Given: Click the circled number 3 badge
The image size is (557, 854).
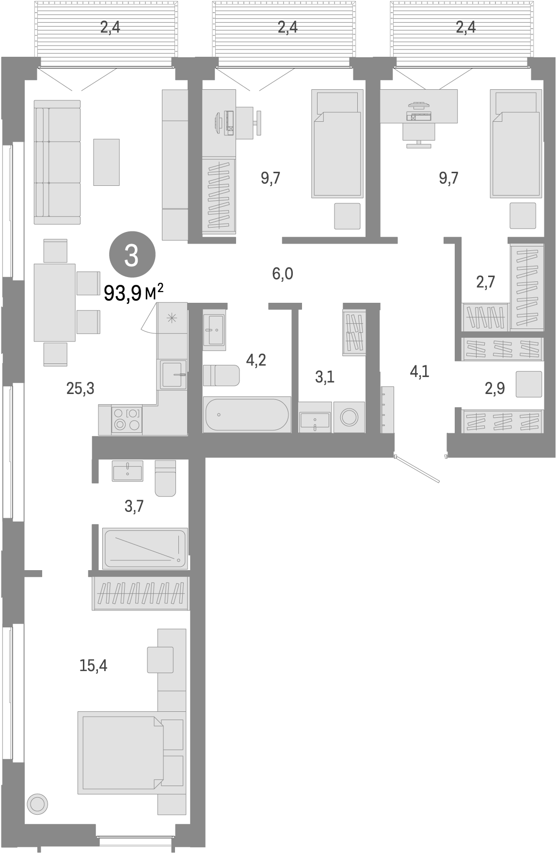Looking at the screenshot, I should click(x=132, y=256).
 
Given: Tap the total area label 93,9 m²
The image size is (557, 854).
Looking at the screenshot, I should click(x=134, y=293).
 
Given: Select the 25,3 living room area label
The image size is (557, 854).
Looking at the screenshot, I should click(x=80, y=388).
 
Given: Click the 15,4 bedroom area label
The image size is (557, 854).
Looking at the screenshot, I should click(x=93, y=665).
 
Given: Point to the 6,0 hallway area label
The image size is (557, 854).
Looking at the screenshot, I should click(x=283, y=274).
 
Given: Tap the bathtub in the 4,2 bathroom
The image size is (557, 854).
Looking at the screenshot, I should click(x=247, y=415).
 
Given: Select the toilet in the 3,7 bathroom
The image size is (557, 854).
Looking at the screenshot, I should click(x=165, y=478).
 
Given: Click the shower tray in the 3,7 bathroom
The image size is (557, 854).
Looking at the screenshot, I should click(x=145, y=549).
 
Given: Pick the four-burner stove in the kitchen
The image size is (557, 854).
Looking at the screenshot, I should click(x=127, y=420).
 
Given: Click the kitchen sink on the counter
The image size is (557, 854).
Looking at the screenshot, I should click(x=172, y=374).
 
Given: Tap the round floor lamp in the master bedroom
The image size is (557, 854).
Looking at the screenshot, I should click(x=37, y=804).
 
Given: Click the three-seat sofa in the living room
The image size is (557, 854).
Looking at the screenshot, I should click(x=57, y=162).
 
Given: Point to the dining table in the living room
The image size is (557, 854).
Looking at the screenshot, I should click(x=54, y=302).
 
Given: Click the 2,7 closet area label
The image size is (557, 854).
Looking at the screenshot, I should click(x=485, y=282).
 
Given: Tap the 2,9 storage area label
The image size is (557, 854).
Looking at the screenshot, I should click(x=494, y=389).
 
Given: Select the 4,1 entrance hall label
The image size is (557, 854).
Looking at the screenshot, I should click(x=419, y=372).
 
